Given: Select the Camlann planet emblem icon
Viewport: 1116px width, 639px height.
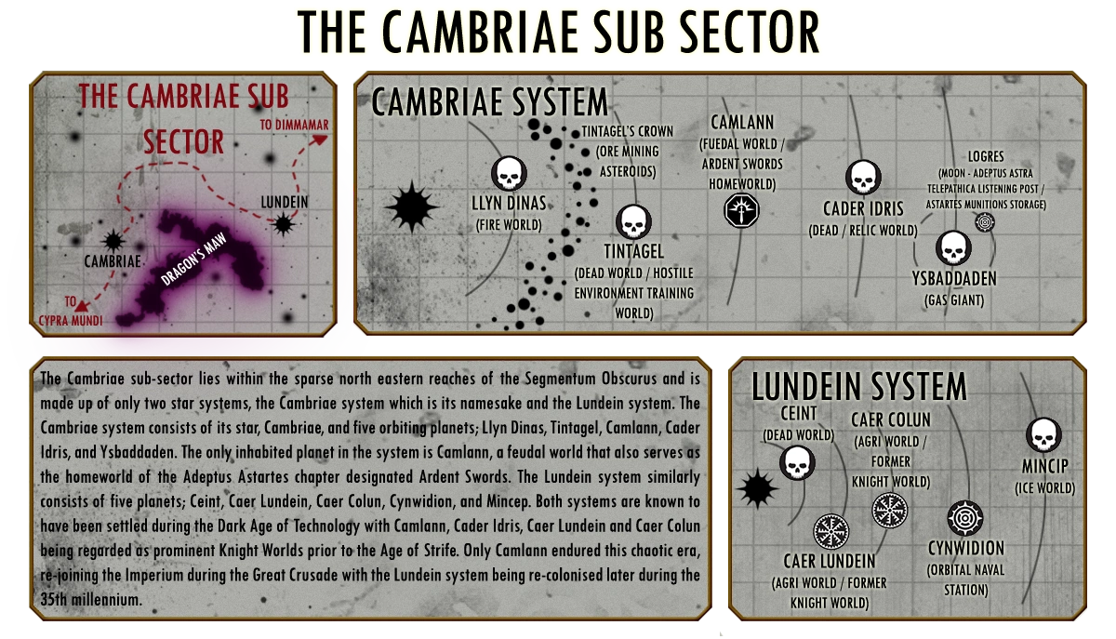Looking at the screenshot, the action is tap(740, 211).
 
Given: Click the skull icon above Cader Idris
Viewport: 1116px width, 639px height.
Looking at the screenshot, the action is tap(863, 179).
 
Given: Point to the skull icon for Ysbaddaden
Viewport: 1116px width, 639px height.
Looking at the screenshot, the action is tap(951, 249).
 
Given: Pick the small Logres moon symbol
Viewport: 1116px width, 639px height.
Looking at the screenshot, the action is tap(984, 222).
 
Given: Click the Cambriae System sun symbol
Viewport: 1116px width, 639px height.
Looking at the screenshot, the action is tap(410, 207).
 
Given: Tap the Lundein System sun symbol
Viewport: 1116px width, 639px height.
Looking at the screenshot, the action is tap(756, 486).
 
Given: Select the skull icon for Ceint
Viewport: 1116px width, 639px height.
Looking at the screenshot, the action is tap(796, 462).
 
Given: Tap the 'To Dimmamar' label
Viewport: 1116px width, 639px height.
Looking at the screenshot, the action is tap(295, 125).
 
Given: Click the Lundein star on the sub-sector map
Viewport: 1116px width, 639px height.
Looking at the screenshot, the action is tap(282, 223).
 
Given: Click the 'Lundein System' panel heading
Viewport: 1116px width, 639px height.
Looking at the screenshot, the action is tap(859, 386).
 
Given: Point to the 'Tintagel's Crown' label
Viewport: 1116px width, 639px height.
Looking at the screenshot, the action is tap(627, 131).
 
